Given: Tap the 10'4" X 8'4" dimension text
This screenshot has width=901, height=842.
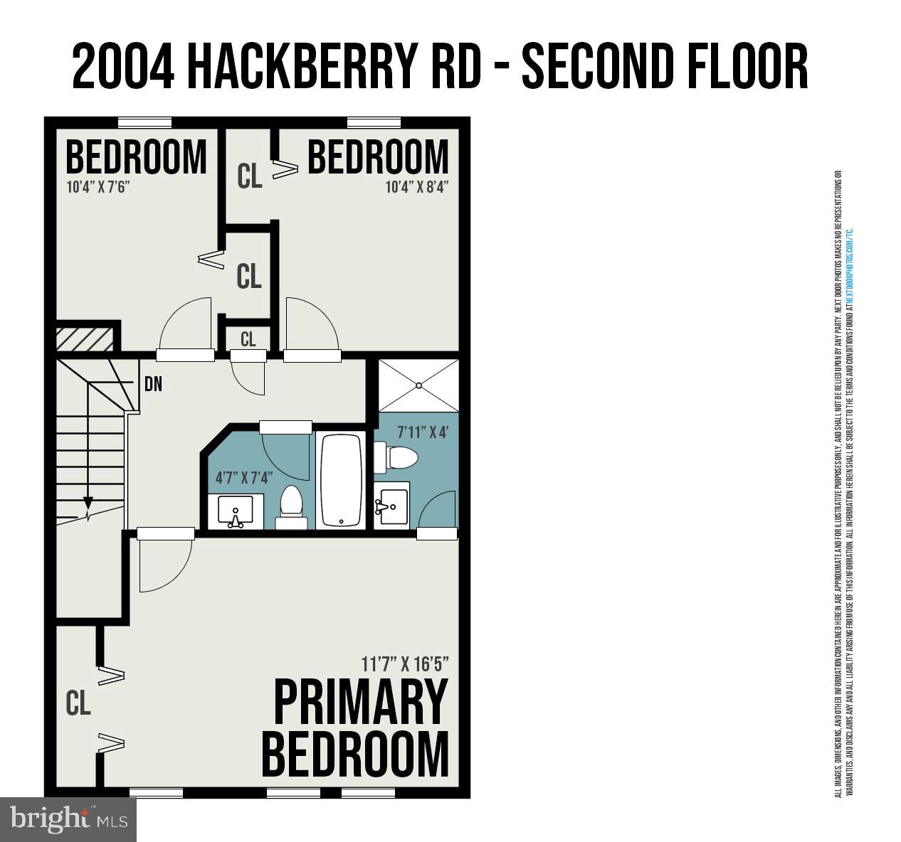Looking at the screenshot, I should click(417, 188).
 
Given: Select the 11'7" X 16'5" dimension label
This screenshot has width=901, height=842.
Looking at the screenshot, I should click(405, 664).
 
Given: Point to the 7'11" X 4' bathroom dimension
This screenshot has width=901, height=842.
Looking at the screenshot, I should click(423, 432).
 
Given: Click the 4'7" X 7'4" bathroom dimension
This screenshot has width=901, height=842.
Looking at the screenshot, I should click(244, 477).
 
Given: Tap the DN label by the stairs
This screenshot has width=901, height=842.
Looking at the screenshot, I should click(153, 385).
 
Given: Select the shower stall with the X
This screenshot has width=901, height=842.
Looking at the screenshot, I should click(418, 385).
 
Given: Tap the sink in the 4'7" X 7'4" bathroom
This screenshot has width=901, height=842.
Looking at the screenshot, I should click(236, 512).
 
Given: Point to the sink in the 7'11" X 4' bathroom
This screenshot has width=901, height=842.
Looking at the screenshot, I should click(391, 506).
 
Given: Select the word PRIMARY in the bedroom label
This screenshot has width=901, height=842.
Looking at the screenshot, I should click(361, 703).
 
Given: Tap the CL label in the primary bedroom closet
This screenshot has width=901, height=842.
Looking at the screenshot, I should click(78, 703).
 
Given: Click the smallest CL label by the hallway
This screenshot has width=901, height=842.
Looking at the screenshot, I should click(248, 340).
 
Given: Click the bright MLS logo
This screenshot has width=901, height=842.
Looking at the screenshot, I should click(68, 819).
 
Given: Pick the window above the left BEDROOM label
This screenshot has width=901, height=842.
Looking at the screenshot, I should click(145, 122).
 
